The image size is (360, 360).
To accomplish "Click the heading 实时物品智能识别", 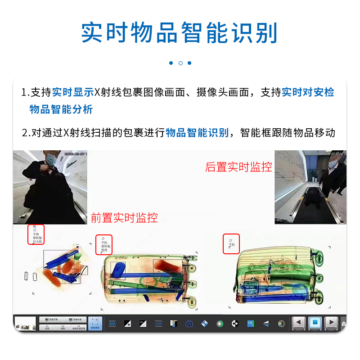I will tap(180, 32).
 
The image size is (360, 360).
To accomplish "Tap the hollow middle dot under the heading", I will tap(180, 63).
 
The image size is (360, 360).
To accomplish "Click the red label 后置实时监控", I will tap(239, 167).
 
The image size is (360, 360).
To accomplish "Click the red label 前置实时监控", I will tap(124, 218).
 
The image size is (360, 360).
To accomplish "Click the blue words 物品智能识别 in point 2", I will tap(197, 133).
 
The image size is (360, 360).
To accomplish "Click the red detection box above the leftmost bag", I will tap(36, 234).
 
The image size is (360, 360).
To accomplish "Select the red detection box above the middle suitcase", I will tap(104, 244).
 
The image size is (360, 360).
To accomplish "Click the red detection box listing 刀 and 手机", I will tap(231, 244).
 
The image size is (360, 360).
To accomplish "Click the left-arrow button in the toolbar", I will tap(299, 323).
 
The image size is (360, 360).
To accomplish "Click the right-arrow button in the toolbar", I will tap(331, 323).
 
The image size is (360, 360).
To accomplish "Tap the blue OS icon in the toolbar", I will tap(250, 323).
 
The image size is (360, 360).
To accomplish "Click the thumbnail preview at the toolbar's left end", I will tap(25, 323).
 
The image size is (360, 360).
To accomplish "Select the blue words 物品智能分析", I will tap(61, 109).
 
